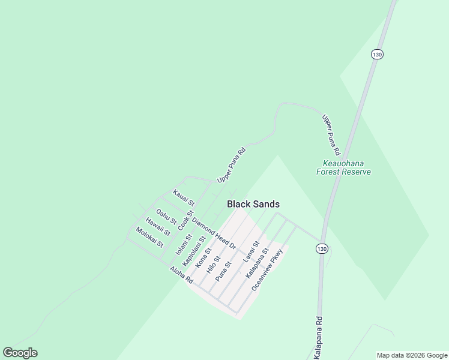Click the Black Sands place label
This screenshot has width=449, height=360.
pos(253,204)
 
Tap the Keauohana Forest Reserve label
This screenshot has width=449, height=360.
pos(343,167)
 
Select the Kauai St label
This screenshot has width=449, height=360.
pos(184,197)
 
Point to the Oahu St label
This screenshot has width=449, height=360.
pos(166,217)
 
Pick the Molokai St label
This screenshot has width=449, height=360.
pos(149,237)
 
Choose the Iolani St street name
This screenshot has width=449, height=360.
pos(183,245)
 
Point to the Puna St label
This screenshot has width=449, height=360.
pos(223,270)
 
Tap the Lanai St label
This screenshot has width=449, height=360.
pos(250,252)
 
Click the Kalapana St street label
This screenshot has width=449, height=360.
pos(256,265)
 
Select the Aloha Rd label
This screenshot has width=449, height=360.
pos(181,276)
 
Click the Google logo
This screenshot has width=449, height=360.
pos(20,353)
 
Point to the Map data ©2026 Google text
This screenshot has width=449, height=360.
pos(412,355)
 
